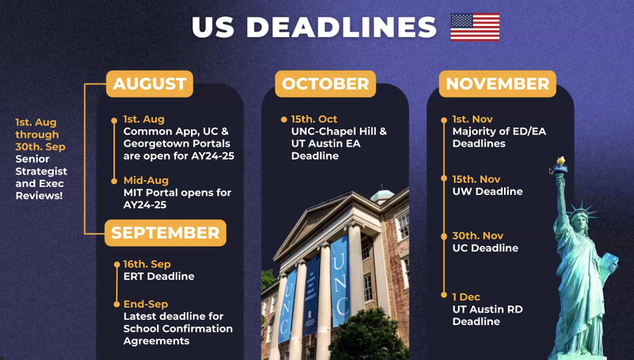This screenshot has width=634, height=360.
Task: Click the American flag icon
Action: pos(475,27)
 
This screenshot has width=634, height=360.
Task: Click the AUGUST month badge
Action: pos(150,83)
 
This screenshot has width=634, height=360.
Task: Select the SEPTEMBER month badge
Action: pos(165,233)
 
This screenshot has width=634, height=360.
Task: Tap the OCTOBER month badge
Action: pos(326,83)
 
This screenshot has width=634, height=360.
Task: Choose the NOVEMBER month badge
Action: pos(497,83)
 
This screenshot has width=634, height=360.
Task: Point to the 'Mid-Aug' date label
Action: pos(146,181)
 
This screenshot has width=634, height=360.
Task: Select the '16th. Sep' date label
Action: pos(147,264)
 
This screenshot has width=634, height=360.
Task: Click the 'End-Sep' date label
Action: pos(146,304)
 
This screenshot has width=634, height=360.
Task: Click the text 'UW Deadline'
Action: pos(487,191)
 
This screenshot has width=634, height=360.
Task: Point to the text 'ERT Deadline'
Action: pos(158,276)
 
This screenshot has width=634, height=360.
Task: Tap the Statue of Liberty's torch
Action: pos(560,164)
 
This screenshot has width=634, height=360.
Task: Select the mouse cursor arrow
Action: pos(552,171)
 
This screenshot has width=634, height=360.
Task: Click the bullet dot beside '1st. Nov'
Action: pos(445,120)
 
